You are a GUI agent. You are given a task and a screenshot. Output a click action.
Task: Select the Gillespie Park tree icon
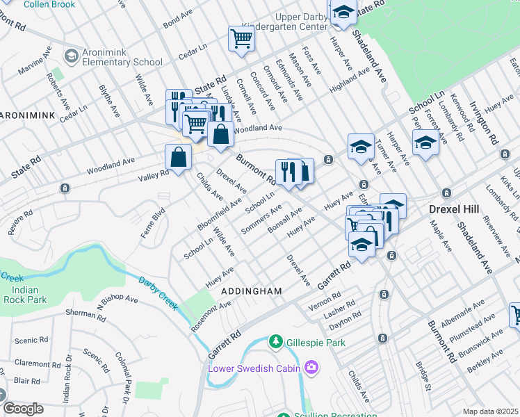pos(276,342)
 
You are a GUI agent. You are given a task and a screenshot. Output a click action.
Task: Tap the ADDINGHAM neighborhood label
pos(251,291)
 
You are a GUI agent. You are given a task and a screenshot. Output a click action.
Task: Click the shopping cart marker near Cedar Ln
pos(241,39)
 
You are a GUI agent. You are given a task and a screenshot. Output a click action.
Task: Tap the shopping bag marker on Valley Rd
pos(179,156)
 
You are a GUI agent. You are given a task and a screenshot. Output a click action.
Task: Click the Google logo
pos(23,409)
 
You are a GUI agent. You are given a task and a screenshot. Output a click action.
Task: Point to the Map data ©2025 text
pos(490,411)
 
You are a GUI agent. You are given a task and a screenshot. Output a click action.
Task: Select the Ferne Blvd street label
pos(153,223)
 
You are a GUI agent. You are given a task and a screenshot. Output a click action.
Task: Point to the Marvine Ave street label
pos(35,61)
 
